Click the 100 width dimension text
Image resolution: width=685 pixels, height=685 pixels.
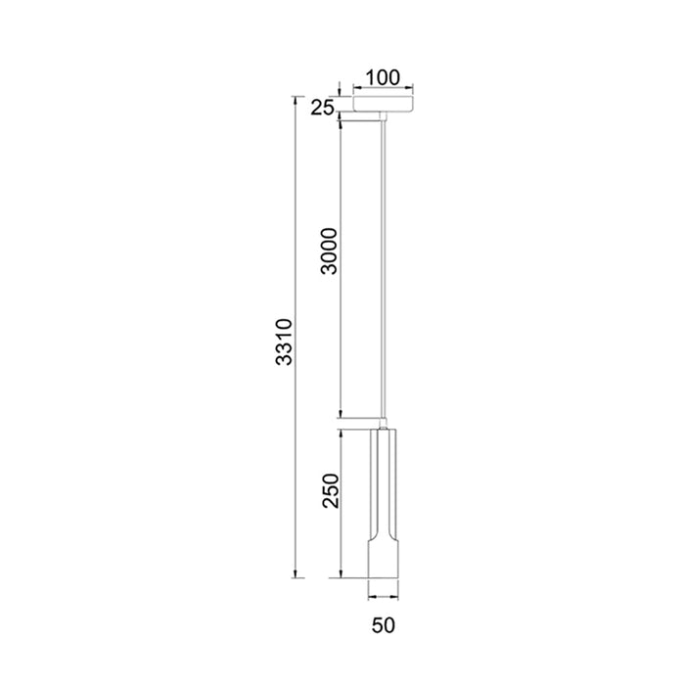pyautogui.click(x=383, y=77)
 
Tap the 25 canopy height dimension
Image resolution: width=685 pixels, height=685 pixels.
pyautogui.click(x=323, y=108)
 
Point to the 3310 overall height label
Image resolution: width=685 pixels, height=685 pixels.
pyautogui.click(x=283, y=342)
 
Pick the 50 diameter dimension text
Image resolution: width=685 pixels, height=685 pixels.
pyautogui.click(x=384, y=621)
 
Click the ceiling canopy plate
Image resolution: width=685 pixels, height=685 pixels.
pyautogui.click(x=385, y=103)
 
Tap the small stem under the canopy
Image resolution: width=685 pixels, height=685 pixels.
pyautogui.click(x=385, y=117)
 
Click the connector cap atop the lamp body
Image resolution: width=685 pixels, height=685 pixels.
pyautogui.click(x=385, y=422)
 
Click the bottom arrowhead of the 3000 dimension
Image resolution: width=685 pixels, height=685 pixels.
pyautogui.click(x=340, y=413)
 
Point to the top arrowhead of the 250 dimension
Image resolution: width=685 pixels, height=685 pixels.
pyautogui.click(x=340, y=432)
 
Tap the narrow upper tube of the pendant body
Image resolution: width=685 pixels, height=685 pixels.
pyautogui.click(x=385, y=479)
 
